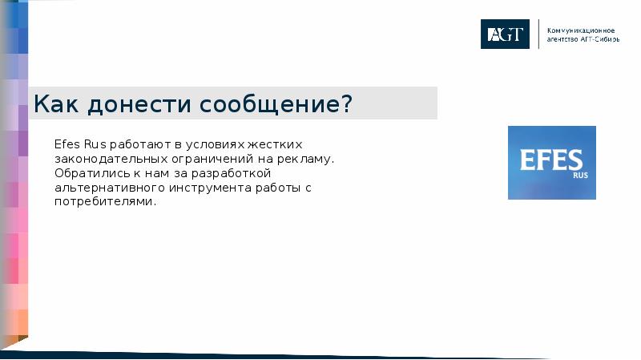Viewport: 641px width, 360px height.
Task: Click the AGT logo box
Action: pos(505,34)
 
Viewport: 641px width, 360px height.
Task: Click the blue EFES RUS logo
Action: pos(551,163)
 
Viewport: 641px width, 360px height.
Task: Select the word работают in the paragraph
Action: pos(134,144)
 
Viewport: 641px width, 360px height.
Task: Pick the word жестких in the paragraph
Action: pos(274,144)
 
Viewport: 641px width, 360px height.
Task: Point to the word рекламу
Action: pos(304,159)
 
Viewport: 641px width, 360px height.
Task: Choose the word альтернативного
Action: pos(109,188)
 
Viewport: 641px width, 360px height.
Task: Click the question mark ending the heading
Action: pos(346,104)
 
